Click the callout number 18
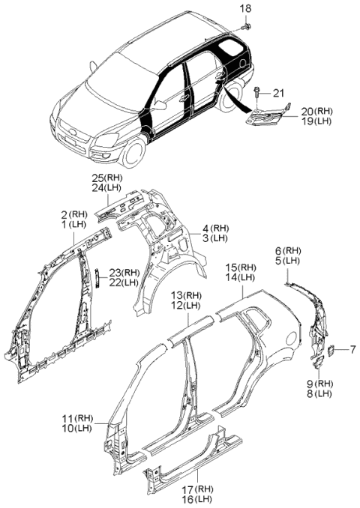pyautogui.click(x=246, y=8)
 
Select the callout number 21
pyautogui.click(x=278, y=94)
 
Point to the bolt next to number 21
pyautogui.click(x=257, y=91)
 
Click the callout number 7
pyautogui.click(x=352, y=350)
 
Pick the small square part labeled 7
pyautogui.click(x=331, y=351)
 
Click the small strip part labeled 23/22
pyautogui.click(x=96, y=278)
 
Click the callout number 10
pyautogui.click(x=68, y=428)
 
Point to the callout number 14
pyautogui.click(x=232, y=277)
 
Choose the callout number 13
pyautogui.click(x=178, y=295)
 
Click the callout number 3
pyautogui.click(x=205, y=238)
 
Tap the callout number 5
pyautogui.click(x=279, y=261)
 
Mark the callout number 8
pyautogui.click(x=310, y=394)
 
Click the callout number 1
pyautogui.click(x=64, y=224)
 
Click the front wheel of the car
pyautogui.click(x=132, y=152)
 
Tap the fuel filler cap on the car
pyautogui.click(x=241, y=63)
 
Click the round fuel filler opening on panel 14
pyautogui.click(x=291, y=339)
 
